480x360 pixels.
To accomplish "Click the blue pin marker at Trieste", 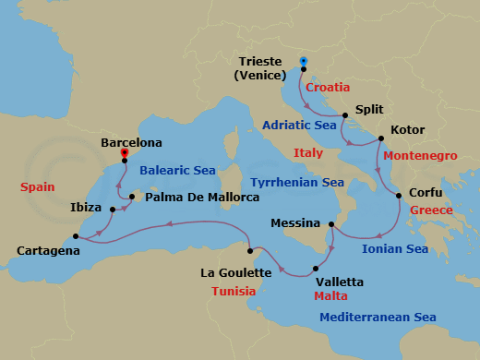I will point(303,63).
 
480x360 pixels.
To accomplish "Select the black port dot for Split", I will point(344,116).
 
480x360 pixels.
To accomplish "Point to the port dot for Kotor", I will point(377,138).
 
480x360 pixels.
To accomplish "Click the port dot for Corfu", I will point(398,196).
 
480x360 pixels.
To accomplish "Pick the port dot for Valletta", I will point(315,270).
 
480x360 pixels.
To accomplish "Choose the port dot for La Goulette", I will point(249,250).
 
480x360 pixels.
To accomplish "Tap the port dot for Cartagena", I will point(75,236).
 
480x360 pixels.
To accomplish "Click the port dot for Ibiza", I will point(112,209).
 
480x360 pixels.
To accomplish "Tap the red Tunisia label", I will point(235,291).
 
